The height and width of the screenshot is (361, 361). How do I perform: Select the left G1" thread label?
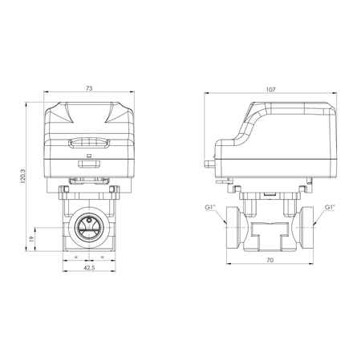click(209, 208)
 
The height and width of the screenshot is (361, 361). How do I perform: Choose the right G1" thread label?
click(330, 208)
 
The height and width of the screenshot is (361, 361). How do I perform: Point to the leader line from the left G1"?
click(220, 213)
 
